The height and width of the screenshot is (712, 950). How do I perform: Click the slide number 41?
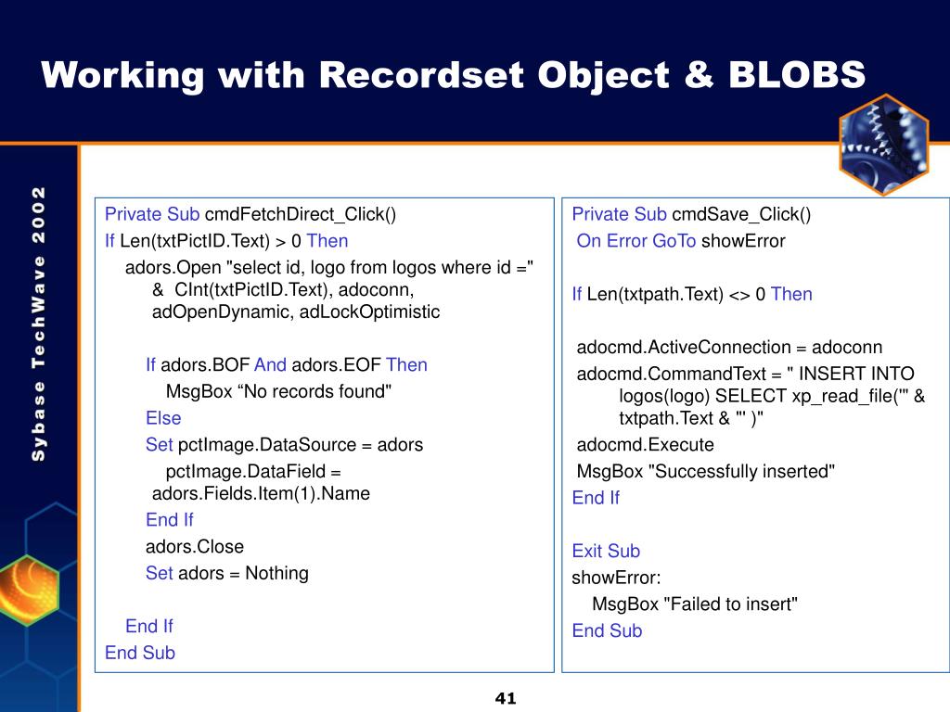coord(506,698)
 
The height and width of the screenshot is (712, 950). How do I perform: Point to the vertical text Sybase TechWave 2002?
coord(39,324)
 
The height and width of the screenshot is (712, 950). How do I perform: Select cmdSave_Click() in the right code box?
coord(740,215)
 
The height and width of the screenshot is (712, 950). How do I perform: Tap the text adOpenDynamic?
coord(223,311)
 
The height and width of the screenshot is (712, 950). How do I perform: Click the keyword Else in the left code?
coord(163,418)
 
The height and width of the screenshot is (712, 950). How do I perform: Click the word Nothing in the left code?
coord(276,573)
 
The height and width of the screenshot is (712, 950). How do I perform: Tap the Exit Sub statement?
coord(606,551)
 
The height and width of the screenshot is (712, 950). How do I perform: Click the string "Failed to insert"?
coord(731,604)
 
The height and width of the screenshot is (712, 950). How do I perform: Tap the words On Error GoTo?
coord(636,241)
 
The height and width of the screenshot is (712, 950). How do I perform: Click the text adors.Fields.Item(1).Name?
coord(261,493)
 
